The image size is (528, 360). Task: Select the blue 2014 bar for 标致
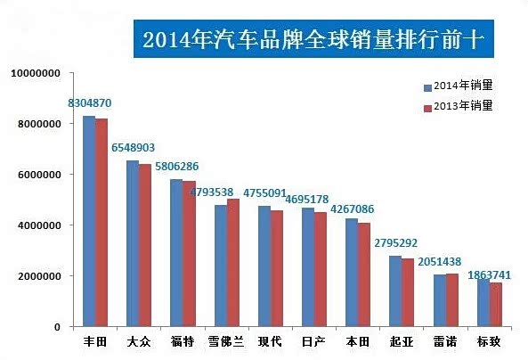tap(483, 303)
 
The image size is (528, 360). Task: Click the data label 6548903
tap(134, 147)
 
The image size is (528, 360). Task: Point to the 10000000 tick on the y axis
tap(35, 73)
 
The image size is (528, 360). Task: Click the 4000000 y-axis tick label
tap(37, 225)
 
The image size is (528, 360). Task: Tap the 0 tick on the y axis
tap(56, 327)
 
